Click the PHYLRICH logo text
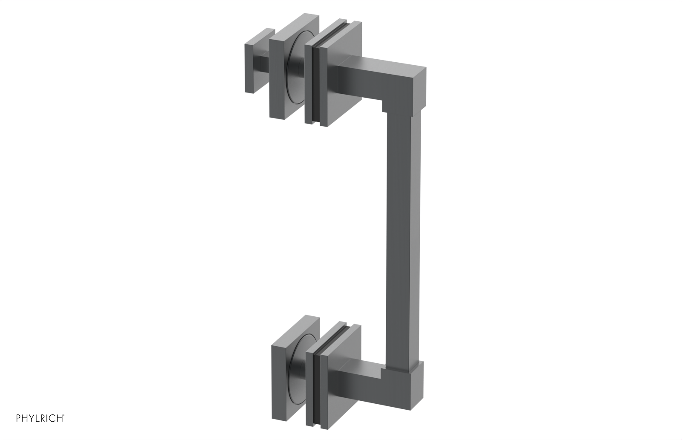coord(40,418)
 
